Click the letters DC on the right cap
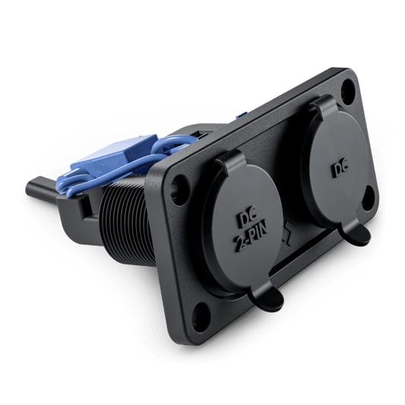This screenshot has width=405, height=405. pyautogui.click(x=340, y=169)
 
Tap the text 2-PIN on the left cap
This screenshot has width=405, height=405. pyautogui.click(x=252, y=238)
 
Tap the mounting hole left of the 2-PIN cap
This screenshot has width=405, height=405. pyautogui.click(x=179, y=186)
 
